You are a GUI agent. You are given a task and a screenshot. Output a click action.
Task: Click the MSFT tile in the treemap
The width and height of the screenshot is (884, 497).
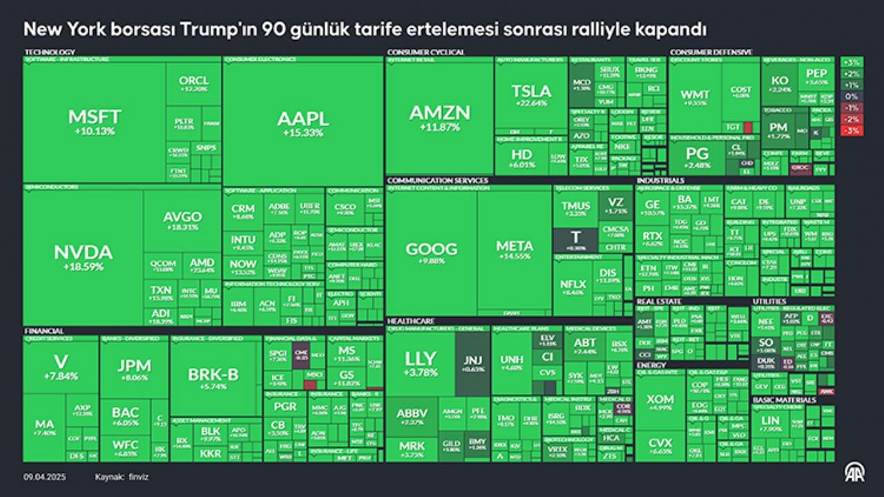(x=95, y=121)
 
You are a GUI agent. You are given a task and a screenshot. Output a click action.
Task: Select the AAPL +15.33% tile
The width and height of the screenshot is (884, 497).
(x=302, y=123)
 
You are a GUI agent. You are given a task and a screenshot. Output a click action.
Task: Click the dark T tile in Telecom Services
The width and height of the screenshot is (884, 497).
(x=575, y=240)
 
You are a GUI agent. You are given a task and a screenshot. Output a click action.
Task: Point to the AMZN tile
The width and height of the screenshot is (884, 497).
(x=439, y=117)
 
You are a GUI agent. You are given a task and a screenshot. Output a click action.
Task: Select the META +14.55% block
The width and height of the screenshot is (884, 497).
(x=515, y=250)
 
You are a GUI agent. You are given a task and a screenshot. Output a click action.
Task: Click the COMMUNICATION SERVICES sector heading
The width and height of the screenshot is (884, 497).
(x=437, y=181)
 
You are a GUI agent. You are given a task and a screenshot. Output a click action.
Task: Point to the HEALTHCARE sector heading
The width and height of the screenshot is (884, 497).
(x=411, y=321)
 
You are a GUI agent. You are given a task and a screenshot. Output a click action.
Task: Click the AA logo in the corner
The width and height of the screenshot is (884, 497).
(x=854, y=472)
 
